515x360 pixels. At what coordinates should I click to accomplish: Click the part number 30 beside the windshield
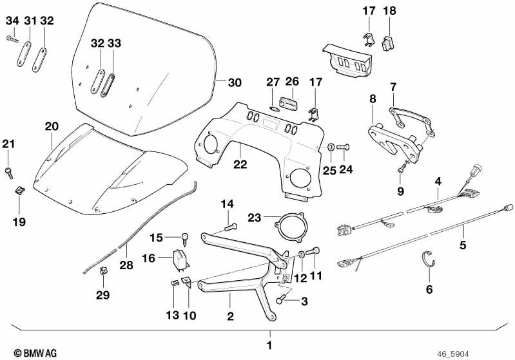click(235, 82)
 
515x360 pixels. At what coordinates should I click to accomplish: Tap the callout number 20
click(52, 126)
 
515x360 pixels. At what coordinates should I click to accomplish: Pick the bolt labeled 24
click(342, 147)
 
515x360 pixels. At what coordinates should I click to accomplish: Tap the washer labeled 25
click(329, 147)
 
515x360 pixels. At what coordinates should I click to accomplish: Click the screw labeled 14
click(231, 226)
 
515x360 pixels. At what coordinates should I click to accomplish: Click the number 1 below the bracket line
click(270, 346)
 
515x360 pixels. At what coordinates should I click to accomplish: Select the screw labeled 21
click(9, 171)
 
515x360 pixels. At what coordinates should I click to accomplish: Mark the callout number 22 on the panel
click(240, 166)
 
